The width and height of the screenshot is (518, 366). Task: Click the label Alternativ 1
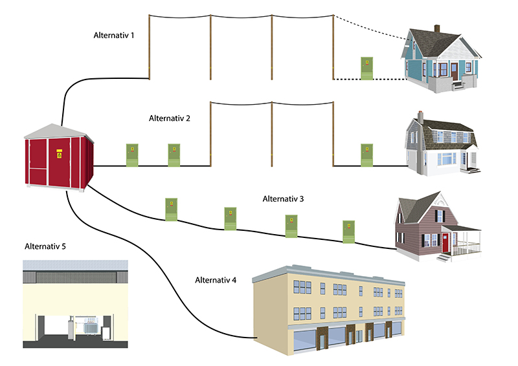[114, 35]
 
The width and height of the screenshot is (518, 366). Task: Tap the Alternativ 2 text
[169, 118]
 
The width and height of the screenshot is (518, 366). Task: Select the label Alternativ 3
[283, 199]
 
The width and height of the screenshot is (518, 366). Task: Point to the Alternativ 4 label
[216, 280]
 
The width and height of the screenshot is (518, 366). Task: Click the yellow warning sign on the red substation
[58, 155]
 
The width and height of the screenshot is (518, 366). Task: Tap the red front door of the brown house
[445, 243]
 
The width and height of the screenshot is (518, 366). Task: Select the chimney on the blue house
[436, 29]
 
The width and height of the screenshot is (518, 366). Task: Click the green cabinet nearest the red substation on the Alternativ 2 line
[132, 155]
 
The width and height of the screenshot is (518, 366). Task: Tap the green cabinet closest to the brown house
[348, 232]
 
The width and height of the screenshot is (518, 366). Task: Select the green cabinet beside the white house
[366, 155]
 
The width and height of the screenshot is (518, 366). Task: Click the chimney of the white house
[420, 117]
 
